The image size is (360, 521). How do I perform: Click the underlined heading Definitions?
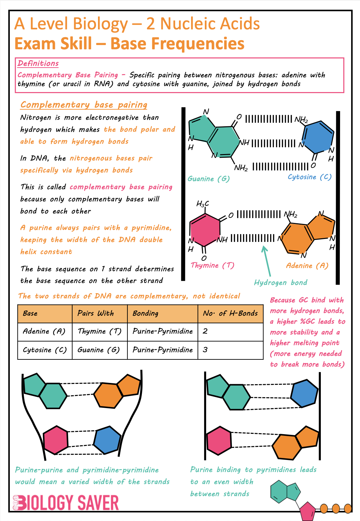[x=38, y=63]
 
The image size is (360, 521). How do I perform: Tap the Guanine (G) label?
[x=208, y=179]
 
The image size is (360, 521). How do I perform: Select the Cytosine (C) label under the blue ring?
[x=309, y=177]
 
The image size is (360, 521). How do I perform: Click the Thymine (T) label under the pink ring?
[x=212, y=265]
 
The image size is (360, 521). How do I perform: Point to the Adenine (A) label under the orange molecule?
[x=307, y=266]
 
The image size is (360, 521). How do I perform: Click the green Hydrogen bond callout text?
[x=281, y=283]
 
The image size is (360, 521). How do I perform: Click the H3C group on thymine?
[x=203, y=204]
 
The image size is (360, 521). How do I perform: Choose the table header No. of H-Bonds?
[x=230, y=313]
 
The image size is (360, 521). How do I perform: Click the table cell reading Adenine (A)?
[x=44, y=331]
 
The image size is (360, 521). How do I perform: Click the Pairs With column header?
[x=96, y=313]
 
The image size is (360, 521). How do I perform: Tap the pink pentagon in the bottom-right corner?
[x=307, y=511]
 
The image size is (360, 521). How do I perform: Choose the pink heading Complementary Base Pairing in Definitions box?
[x=68, y=75]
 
